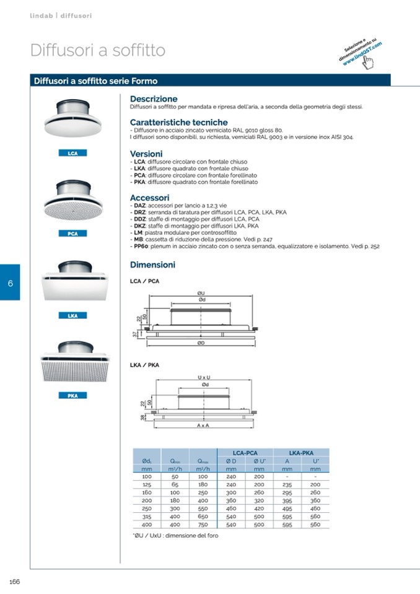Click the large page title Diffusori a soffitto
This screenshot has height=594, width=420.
(x=97, y=50)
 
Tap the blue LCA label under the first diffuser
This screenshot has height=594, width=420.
(x=72, y=153)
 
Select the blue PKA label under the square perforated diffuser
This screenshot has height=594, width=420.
(x=72, y=396)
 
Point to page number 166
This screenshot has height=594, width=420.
(x=14, y=581)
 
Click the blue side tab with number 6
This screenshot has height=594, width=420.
(x=10, y=282)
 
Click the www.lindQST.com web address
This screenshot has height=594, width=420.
(x=362, y=53)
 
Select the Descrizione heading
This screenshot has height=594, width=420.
(x=154, y=99)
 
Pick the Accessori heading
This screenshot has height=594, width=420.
(x=149, y=198)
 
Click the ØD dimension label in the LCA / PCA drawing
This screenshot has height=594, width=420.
(x=201, y=343)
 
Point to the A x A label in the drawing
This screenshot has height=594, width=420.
(x=203, y=427)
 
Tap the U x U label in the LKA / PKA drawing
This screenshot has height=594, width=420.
(x=204, y=377)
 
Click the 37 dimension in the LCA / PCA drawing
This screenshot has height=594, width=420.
(x=136, y=334)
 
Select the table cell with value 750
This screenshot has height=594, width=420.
(x=203, y=525)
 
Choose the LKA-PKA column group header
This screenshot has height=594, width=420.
(x=304, y=453)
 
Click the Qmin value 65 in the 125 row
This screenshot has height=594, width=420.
(x=175, y=484)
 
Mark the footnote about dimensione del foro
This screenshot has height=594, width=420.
(x=175, y=536)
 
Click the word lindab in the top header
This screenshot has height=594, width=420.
(x=41, y=15)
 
